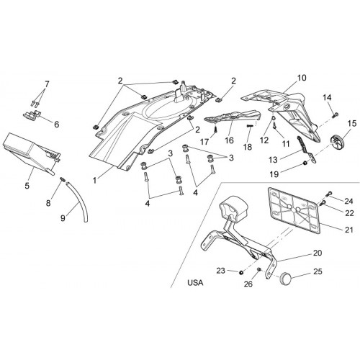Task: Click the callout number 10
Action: (x=302, y=78)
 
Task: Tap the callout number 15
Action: (x=352, y=124)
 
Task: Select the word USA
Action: (x=195, y=283)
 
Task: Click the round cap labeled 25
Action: (x=285, y=278)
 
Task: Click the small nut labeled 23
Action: (x=241, y=272)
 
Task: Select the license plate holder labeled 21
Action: (x=294, y=210)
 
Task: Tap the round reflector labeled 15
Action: (x=337, y=143)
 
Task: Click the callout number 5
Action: (x=27, y=185)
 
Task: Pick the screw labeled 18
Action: (x=250, y=126)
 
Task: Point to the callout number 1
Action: (x=95, y=180)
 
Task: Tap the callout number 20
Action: (x=318, y=253)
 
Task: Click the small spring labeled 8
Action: (x=62, y=179)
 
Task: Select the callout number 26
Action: (x=248, y=284)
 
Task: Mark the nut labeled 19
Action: (x=305, y=163)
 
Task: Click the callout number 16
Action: (x=230, y=140)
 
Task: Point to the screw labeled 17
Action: (x=216, y=130)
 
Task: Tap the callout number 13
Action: (x=273, y=160)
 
